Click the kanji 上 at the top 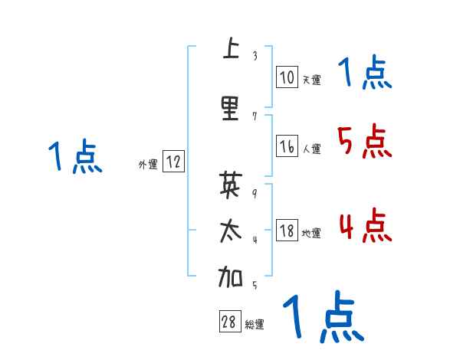click(230, 50)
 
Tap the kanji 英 click(230, 185)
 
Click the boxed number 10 click(287, 77)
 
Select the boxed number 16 click(287, 146)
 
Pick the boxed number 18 click(287, 231)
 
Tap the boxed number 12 click(173, 162)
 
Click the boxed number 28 click(228, 322)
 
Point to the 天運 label click(311, 79)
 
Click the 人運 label click(311, 149)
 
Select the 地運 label click(311, 233)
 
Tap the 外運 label click(148, 164)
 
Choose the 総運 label click(255, 325)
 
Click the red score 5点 click(363, 141)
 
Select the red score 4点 click(363, 226)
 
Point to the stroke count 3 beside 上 click(255, 56)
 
